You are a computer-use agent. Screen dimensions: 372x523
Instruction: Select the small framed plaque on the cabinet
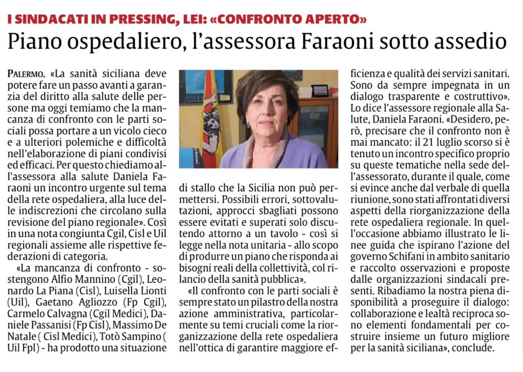tap(320, 90)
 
